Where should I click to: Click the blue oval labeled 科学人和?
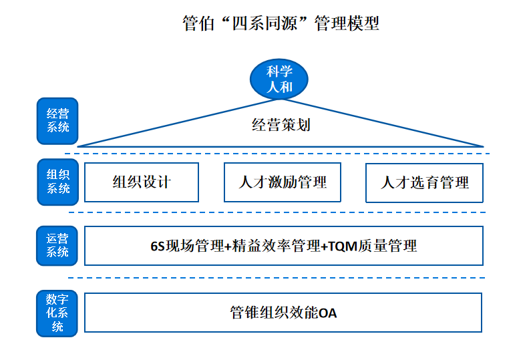click(279, 79)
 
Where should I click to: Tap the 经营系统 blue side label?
click(57, 121)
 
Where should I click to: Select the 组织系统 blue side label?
click(57, 182)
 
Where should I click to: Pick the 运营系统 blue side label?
click(57, 245)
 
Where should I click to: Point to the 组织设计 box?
click(142, 182)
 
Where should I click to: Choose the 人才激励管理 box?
click(283, 182)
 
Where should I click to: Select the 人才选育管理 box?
click(424, 182)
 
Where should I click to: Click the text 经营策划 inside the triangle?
click(281, 125)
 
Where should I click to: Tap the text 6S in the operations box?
click(157, 246)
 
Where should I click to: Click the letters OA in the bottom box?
click(328, 313)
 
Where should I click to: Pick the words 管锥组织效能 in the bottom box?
click(274, 313)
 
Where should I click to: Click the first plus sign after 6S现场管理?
click(228, 246)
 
